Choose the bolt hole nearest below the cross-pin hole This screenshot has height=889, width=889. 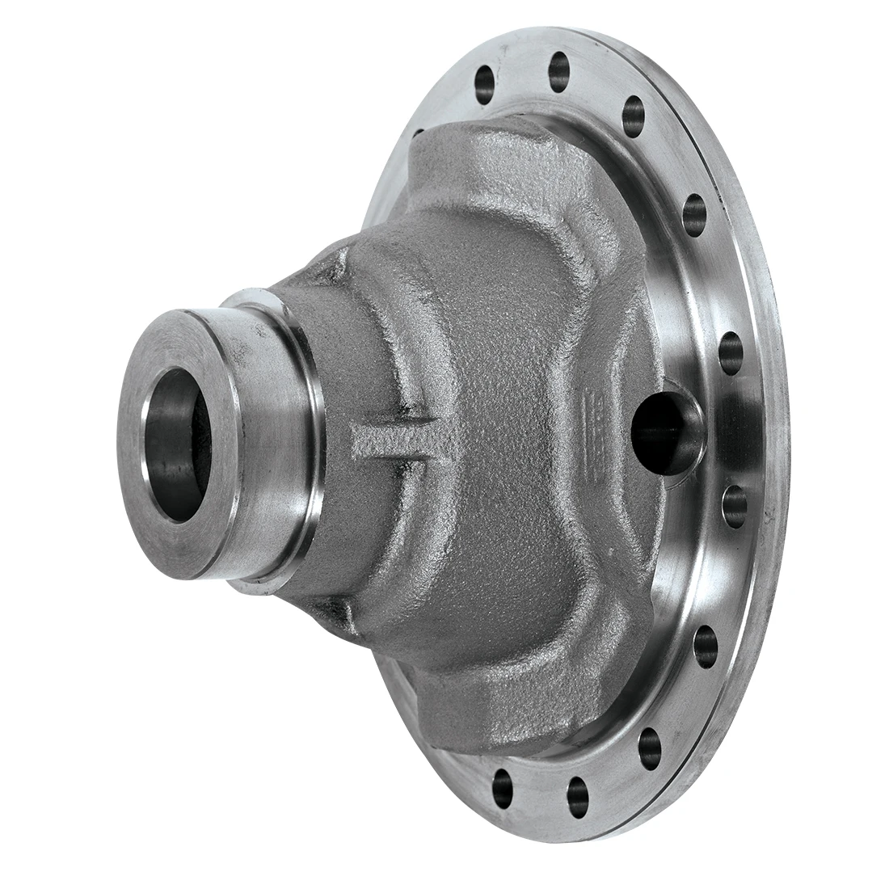[734, 504]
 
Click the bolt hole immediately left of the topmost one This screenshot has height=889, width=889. [484, 82]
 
